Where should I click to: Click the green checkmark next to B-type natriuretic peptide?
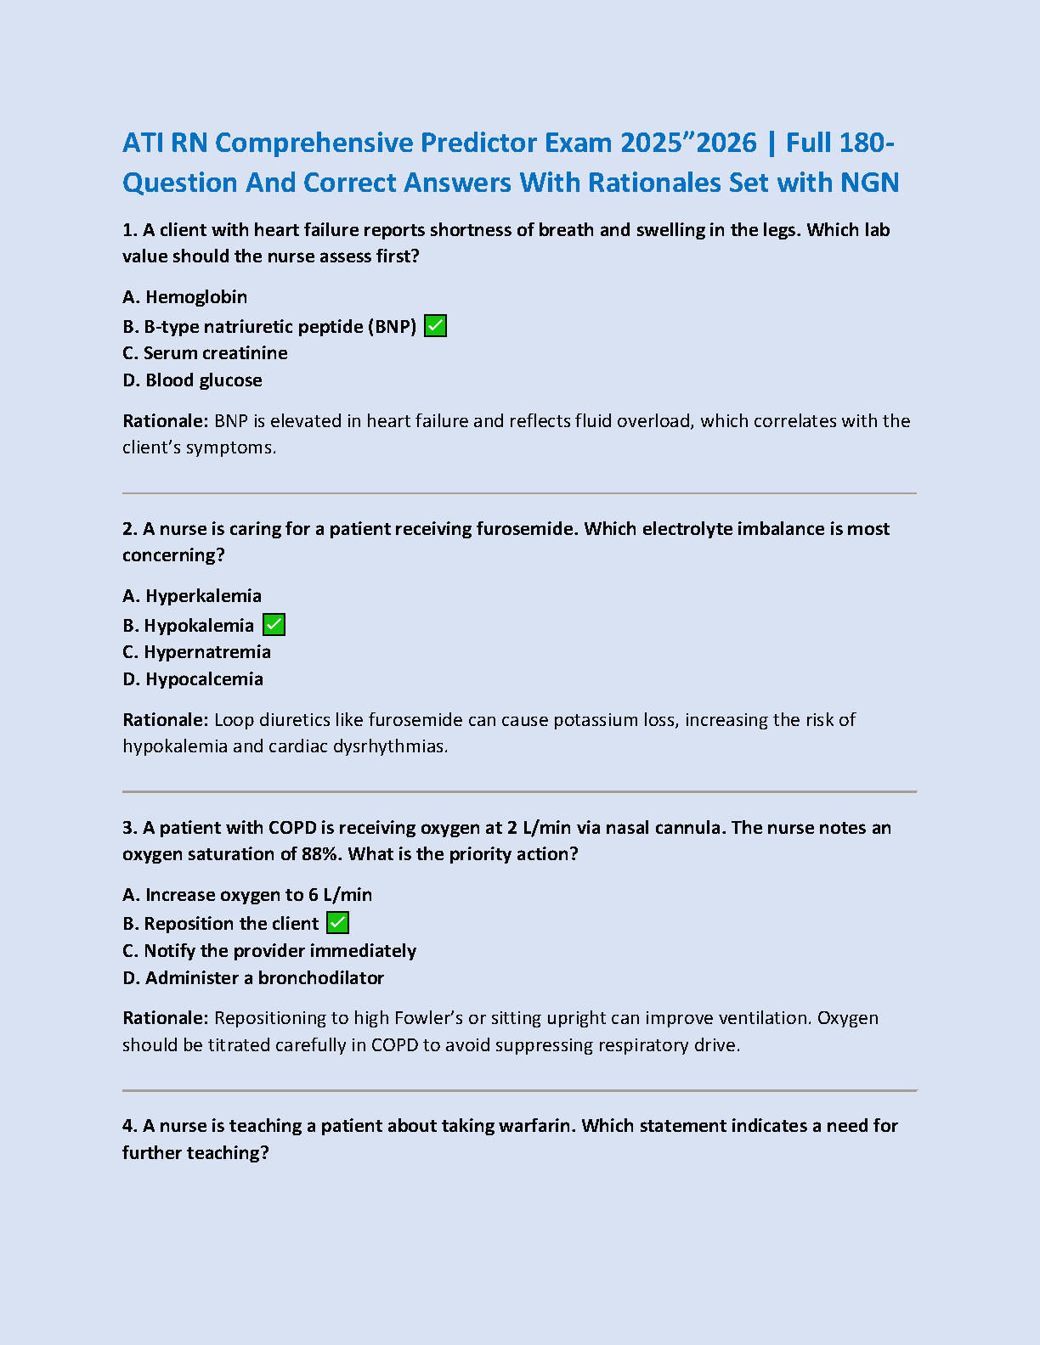tap(435, 326)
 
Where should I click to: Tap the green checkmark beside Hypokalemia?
tap(274, 625)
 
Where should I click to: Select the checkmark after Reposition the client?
tap(337, 923)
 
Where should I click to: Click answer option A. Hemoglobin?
tap(185, 297)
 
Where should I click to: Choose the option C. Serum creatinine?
tap(205, 353)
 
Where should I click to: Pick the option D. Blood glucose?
tap(192, 380)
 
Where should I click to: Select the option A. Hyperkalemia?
tap(192, 596)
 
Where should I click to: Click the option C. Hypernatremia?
tap(196, 652)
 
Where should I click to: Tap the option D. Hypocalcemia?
tap(193, 679)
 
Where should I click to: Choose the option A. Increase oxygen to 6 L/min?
tap(247, 895)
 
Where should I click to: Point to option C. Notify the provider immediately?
tap(269, 951)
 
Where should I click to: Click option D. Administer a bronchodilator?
tap(253, 978)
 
